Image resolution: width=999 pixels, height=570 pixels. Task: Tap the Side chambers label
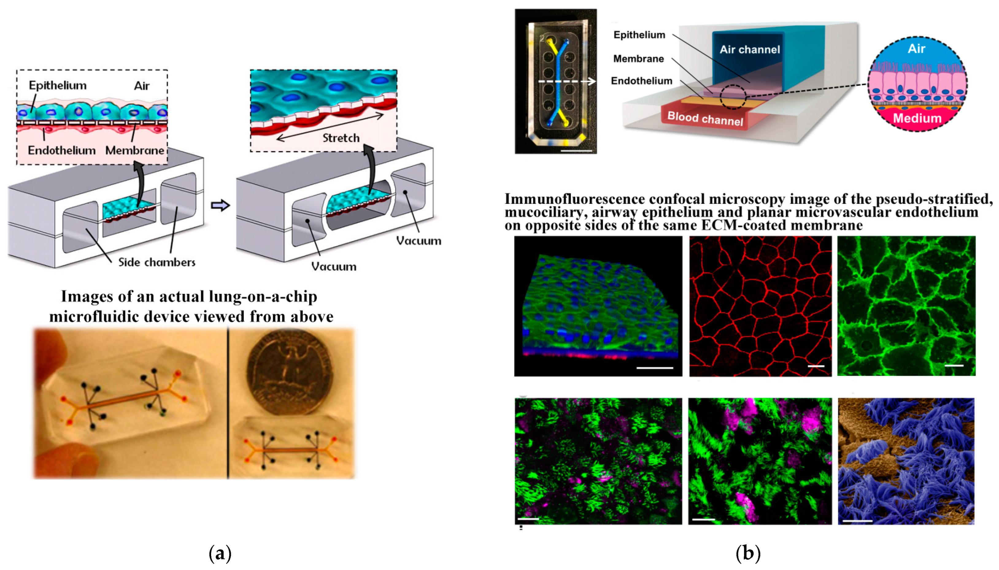tap(157, 262)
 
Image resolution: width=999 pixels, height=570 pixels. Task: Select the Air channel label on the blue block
tap(750, 50)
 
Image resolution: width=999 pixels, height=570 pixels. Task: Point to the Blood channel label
tap(705, 118)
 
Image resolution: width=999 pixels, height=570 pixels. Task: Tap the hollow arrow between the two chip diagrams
tap(220, 205)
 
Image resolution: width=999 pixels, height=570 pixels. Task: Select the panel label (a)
tap(220, 553)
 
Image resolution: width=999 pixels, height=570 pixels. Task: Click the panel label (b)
tap(748, 553)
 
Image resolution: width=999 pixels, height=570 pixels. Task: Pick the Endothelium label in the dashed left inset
tap(61, 150)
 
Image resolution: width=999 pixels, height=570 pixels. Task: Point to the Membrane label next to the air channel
tap(638, 59)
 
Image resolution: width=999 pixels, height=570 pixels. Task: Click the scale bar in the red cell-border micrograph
tap(816, 366)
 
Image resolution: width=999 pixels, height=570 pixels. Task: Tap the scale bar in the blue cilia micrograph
tap(857, 521)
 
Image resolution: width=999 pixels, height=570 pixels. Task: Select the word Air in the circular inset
tap(916, 49)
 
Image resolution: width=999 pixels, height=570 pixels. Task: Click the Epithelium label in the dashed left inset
tap(58, 85)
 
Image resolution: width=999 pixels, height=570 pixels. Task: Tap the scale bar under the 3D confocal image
tap(654, 368)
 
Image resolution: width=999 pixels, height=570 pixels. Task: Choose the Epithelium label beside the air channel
tap(639, 35)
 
